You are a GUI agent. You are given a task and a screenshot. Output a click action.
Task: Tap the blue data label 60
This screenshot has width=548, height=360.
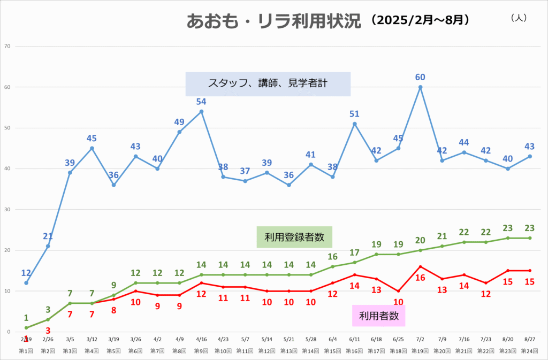point(421,78)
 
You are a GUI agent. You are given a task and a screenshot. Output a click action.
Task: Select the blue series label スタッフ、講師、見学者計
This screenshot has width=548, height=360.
point(268,83)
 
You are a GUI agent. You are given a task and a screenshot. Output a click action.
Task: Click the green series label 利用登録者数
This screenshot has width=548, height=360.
point(295,236)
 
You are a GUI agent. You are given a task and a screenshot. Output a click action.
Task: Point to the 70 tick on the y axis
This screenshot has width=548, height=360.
point(7,46)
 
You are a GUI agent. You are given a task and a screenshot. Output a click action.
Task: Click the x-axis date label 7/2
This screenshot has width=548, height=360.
point(421,339)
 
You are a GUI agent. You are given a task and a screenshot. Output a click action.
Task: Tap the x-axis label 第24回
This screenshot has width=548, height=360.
point(530,351)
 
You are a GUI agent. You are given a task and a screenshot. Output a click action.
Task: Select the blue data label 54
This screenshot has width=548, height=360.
point(201,102)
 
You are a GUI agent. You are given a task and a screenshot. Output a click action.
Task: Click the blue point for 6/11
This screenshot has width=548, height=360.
point(355,124)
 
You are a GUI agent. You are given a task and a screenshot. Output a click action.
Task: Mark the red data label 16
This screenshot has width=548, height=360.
point(421,278)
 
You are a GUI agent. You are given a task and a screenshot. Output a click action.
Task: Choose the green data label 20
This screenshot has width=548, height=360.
point(421,240)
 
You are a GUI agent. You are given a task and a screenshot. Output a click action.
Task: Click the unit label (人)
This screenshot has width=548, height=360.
point(519,18)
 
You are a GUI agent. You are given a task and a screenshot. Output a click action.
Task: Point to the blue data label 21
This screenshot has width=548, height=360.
point(48,236)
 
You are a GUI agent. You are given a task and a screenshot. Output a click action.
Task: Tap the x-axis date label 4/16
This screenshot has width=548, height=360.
point(201,339)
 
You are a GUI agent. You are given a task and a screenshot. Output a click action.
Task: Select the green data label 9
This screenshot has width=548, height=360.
point(113,285)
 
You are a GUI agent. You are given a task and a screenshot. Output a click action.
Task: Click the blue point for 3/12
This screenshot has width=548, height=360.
point(92,148)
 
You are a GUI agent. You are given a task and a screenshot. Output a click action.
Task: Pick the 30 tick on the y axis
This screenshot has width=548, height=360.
point(7,210)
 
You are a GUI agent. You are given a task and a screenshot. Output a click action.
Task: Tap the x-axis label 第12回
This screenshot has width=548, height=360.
point(267,351)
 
